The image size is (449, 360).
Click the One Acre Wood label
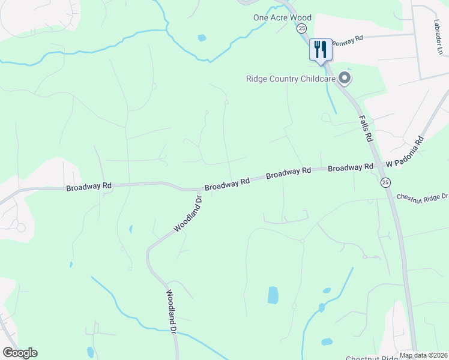[282, 17]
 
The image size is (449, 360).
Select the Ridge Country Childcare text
[290, 78]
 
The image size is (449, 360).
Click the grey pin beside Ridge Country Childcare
[345, 78]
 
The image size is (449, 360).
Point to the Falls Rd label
[366, 128]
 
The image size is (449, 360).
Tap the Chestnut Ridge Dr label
[422, 197]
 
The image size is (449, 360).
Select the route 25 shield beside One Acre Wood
[301, 28]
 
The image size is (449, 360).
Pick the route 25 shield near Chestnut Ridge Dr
[385, 182]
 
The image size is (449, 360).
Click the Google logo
[19, 353]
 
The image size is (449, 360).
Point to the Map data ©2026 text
[423, 355]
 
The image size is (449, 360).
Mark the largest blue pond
[273, 295]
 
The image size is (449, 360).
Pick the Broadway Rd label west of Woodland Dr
[89, 187]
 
